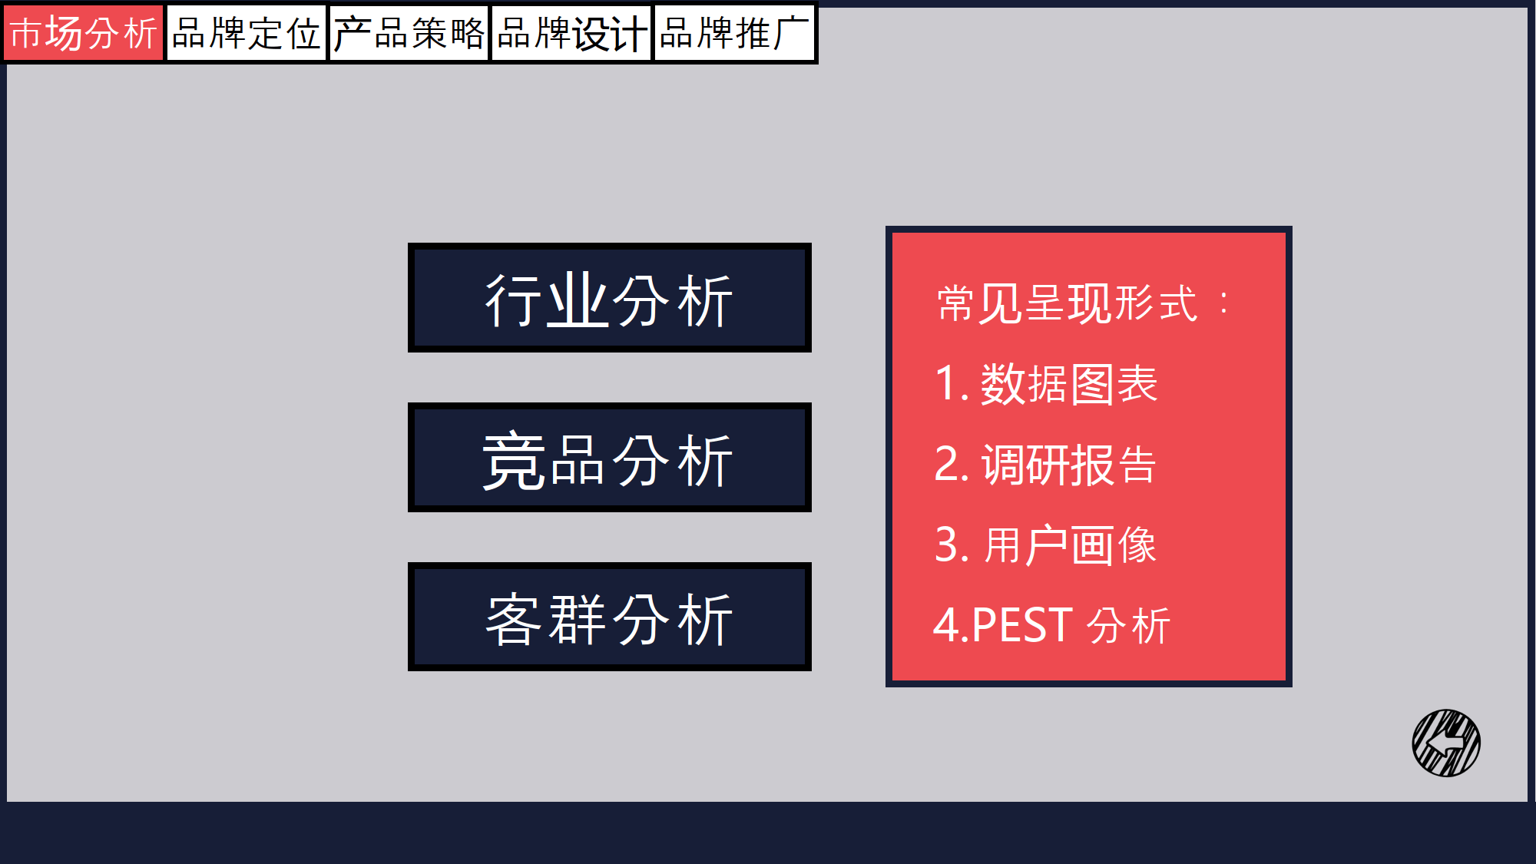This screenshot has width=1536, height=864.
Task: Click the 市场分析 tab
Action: click(83, 33)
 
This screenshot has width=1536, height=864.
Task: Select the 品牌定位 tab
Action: click(246, 33)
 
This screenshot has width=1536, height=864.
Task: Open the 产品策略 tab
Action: click(409, 33)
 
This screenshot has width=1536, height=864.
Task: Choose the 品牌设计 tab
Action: click(571, 33)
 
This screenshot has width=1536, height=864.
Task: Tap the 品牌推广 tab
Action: click(734, 33)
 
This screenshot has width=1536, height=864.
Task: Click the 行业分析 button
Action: click(609, 298)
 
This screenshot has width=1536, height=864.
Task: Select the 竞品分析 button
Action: click(609, 458)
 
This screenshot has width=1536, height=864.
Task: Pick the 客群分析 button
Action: click(609, 617)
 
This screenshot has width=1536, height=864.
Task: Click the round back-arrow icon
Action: click(1446, 743)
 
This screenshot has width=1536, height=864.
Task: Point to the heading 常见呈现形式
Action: click(1067, 303)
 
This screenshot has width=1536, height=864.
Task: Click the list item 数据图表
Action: click(1069, 384)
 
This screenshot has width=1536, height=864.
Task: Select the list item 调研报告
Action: click(1069, 465)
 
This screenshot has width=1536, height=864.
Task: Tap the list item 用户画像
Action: click(1070, 545)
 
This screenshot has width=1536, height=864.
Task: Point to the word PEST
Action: click(1022, 625)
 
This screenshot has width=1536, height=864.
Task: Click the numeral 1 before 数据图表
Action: click(945, 383)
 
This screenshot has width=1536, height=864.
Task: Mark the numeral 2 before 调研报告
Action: click(947, 464)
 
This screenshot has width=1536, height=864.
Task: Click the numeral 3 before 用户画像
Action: click(947, 545)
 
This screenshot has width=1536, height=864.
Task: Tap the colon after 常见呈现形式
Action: click(1224, 303)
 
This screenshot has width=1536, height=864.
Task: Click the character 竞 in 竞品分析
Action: click(513, 461)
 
